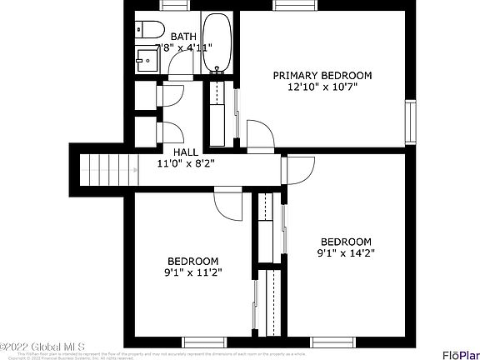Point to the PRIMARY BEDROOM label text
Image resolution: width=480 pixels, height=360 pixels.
point(322,75)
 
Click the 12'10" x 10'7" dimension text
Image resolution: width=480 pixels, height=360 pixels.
point(322,87)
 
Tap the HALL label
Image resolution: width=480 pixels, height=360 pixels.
point(186,152)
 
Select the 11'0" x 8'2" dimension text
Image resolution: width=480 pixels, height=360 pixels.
point(186,164)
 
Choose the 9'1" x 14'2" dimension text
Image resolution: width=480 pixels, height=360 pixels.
point(346,253)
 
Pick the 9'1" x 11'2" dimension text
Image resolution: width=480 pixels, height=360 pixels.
point(192,272)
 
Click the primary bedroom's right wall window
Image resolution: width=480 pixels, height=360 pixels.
point(410,121)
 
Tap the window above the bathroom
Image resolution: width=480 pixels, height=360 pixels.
point(173,5)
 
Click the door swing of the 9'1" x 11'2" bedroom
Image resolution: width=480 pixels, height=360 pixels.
point(227,201)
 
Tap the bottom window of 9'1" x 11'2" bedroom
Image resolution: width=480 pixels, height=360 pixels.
point(205,342)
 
